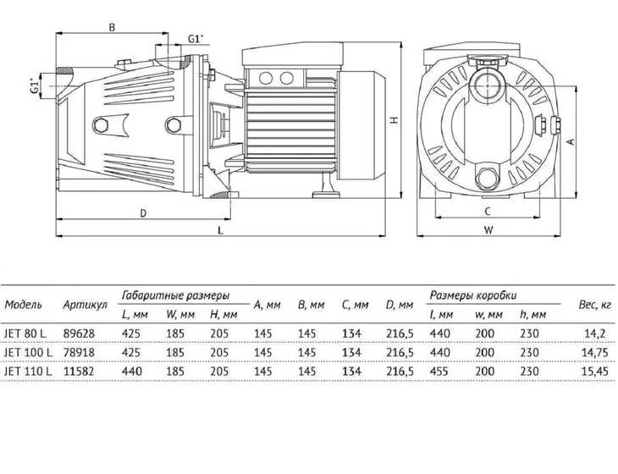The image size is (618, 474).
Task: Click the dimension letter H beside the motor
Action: pos(395,120)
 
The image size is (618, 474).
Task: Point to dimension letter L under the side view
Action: pos(221,230)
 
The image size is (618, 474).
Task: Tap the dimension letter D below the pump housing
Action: pos(143,213)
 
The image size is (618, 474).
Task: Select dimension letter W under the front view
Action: pos(488,230)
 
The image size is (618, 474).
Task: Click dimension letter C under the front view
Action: pos(488,212)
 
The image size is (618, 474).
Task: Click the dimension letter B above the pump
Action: pos(112,27)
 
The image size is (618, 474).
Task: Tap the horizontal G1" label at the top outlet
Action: pos(196,39)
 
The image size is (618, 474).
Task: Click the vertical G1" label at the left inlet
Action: pos(35,85)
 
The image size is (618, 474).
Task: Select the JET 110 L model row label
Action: pos(28,372)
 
